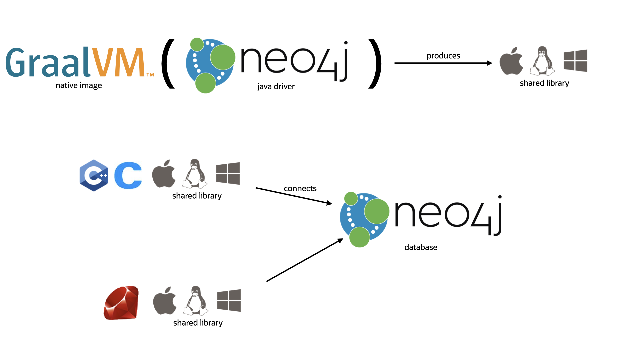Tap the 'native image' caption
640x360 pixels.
[79, 85]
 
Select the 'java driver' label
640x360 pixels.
[276, 87]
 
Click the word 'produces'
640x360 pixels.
[443, 56]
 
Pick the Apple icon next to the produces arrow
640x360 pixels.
[511, 61]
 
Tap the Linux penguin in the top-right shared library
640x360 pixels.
[542, 61]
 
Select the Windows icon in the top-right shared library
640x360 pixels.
[575, 61]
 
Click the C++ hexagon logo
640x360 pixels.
[94, 175]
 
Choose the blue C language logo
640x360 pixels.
[128, 175]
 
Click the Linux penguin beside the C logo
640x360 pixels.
[195, 174]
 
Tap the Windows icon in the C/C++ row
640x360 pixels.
[228, 173]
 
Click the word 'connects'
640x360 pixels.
[300, 189]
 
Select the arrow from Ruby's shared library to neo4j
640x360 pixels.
[304, 260]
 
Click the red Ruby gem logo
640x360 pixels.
[121, 303]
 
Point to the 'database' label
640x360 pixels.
[421, 247]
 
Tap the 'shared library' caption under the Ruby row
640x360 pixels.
[198, 323]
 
